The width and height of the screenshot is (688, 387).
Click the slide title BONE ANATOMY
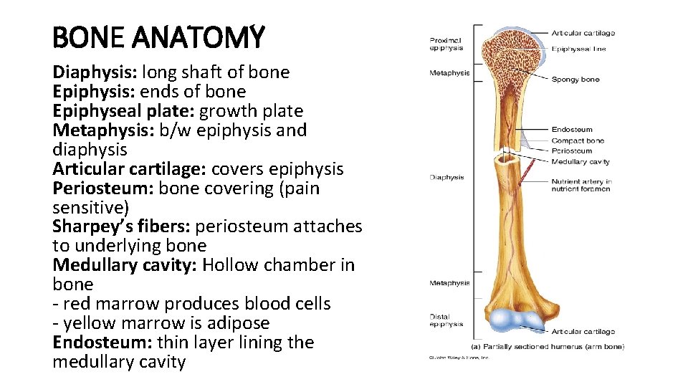(158, 37)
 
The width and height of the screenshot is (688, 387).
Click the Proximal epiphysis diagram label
(446, 44)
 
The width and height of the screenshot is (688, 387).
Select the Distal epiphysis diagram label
(446, 320)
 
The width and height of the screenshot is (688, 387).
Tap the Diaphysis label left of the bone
(446, 178)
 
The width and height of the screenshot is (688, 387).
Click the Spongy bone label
(575, 80)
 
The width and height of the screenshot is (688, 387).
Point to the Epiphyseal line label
(579, 49)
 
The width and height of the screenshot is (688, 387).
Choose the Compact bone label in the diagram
(578, 140)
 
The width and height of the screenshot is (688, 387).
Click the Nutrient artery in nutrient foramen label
(580, 186)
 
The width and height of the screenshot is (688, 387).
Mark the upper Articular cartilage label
(583, 33)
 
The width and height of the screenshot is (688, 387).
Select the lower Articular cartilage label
(583, 332)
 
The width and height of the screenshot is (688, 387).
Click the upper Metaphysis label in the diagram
(449, 73)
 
